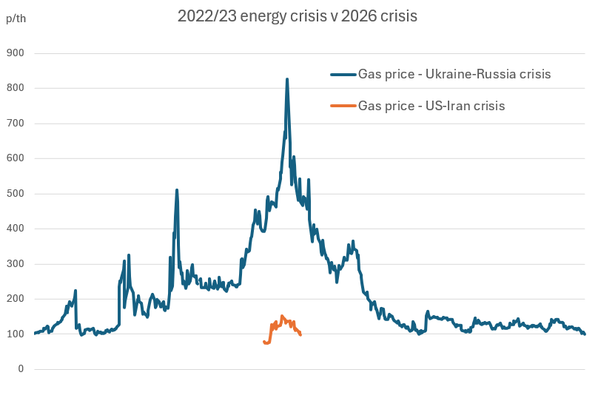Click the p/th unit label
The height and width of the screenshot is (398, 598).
pos(16,18)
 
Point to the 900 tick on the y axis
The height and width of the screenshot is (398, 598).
pos(15,53)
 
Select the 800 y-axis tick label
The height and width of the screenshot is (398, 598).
pos(15,88)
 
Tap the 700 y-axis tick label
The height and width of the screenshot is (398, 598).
pos(15,124)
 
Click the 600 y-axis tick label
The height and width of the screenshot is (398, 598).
pos(15,158)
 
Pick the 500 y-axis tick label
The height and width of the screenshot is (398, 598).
pos(15,194)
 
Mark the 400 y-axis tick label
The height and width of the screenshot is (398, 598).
pos(15,229)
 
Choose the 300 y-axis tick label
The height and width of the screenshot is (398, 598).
pos(15,264)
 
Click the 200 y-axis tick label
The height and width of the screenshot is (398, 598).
pos(15,299)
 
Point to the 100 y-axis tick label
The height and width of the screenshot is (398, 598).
pos(15,334)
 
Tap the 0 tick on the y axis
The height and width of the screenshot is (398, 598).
pos(21,369)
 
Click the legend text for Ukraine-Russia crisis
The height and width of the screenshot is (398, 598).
pos(454,74)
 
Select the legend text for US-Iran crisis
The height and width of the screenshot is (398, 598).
pos(431,106)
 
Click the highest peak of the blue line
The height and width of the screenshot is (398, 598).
pos(287,79)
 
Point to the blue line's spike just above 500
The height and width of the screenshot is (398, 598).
pos(177,190)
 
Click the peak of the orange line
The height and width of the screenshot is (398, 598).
pos(282,317)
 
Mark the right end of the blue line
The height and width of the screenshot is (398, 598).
pos(584,334)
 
